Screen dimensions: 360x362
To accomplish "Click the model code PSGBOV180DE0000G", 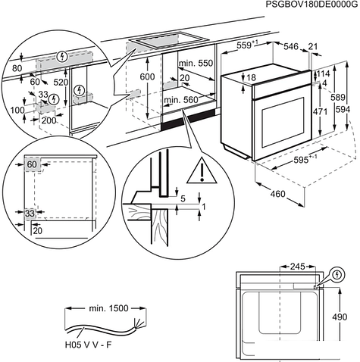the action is (x=312, y=5).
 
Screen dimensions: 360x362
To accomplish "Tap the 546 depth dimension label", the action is (x=291, y=47).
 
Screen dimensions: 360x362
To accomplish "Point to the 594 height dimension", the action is (x=343, y=110).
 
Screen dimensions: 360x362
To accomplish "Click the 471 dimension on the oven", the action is (x=320, y=111).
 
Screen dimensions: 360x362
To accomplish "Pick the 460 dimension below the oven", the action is (x=277, y=194).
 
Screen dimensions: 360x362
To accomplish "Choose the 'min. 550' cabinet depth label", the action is (x=196, y=63).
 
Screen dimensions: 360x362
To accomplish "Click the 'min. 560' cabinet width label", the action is (x=181, y=100).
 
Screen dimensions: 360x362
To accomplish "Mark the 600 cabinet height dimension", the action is (x=147, y=76).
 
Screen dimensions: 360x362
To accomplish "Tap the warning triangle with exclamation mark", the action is (x=202, y=170).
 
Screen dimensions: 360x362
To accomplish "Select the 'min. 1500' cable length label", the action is (x=108, y=308).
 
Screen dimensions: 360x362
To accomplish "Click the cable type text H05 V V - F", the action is (x=88, y=345).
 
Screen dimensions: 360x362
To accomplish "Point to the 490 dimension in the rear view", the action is (x=340, y=317).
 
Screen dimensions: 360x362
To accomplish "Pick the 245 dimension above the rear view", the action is (x=298, y=267).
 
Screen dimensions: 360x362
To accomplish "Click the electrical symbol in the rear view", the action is (x=337, y=274).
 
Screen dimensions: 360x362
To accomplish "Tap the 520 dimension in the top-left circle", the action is (x=61, y=83).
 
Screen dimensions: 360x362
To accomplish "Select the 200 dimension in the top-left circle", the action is (x=49, y=120).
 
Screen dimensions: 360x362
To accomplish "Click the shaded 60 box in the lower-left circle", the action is (x=33, y=164).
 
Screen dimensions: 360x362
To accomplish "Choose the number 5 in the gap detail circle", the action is (x=183, y=199).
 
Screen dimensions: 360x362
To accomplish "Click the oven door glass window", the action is (x=283, y=123).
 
